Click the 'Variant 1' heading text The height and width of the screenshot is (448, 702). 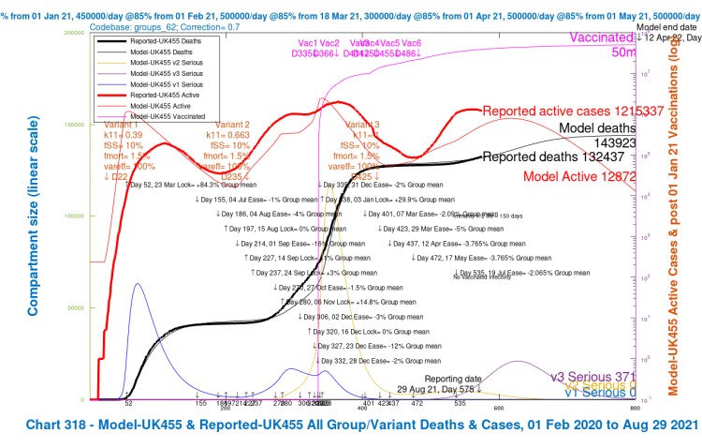[x=122, y=125]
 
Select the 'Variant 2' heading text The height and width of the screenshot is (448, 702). [x=232, y=125]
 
